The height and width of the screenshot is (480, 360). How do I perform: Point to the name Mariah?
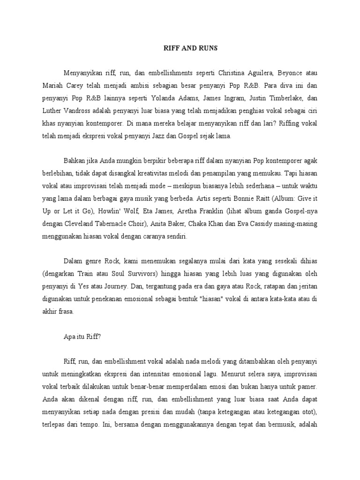(52, 86)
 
